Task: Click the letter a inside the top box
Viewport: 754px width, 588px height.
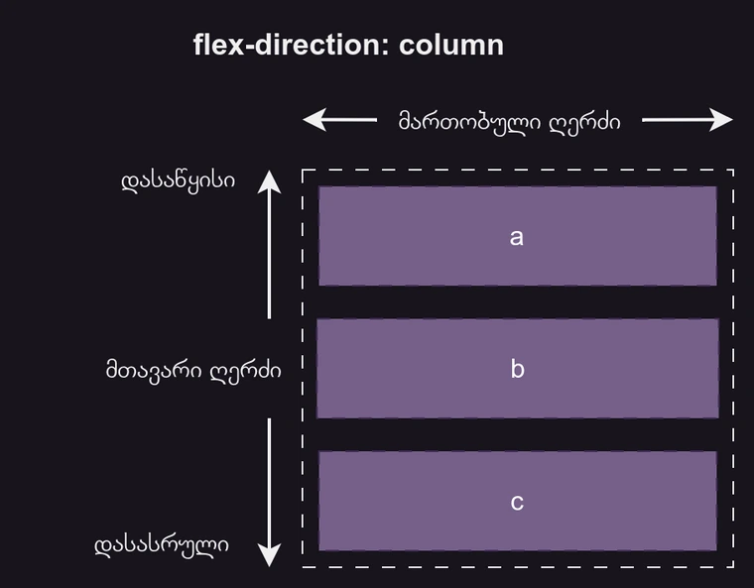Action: pos(516,237)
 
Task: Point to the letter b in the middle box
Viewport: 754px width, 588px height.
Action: pos(517,369)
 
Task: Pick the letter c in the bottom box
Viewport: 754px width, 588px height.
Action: pos(517,502)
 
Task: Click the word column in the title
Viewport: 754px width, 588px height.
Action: pos(451,45)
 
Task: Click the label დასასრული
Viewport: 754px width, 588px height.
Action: pos(163,544)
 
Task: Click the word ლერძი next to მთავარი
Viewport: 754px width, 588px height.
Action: pos(247,371)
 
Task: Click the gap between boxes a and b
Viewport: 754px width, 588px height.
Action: pos(517,302)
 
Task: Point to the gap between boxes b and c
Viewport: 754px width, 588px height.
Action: pos(517,434)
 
